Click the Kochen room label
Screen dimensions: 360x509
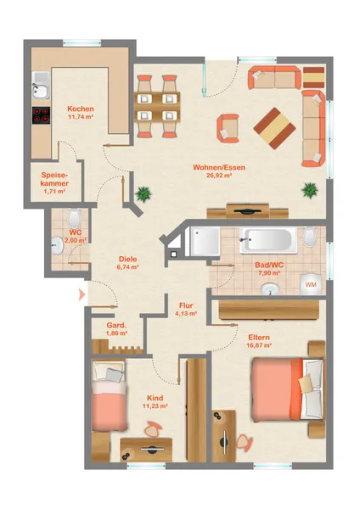point(81,109)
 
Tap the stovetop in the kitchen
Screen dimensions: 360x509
point(42,115)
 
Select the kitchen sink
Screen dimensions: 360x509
point(41,85)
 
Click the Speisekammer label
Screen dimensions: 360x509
point(54,179)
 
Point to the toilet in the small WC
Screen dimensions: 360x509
point(74,218)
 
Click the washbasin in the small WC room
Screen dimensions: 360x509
point(58,246)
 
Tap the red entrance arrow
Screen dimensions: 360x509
point(82,294)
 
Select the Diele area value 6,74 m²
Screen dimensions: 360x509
point(127,267)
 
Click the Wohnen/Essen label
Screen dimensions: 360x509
point(219,167)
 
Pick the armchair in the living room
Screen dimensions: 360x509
point(228,128)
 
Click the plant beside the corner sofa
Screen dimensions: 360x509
point(310,189)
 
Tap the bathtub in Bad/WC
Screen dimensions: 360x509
point(268,241)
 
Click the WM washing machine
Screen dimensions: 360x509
point(312,284)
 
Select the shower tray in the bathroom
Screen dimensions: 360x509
point(205,241)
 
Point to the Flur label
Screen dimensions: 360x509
point(186,305)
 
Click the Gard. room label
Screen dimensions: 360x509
point(116,325)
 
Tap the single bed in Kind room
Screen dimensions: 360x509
point(109,395)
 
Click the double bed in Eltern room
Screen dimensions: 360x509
point(288,389)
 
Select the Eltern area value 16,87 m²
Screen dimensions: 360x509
point(259,345)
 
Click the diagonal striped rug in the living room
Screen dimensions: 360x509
point(274,128)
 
